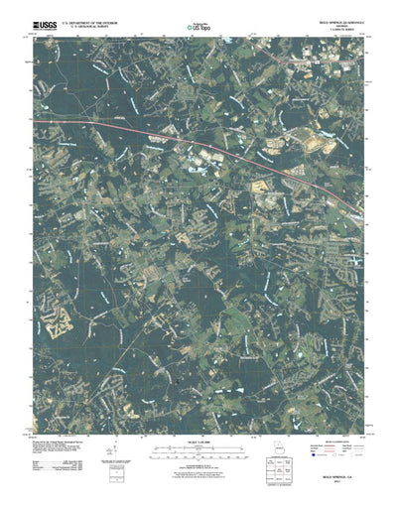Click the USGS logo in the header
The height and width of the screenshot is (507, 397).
[x=44, y=19]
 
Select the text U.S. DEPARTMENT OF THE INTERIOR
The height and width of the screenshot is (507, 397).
[x=91, y=17]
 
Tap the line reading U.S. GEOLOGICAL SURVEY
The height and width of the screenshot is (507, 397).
[x=91, y=22]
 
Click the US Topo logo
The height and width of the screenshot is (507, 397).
[x=198, y=24]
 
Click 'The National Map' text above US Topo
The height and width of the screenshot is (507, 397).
[x=198, y=16]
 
